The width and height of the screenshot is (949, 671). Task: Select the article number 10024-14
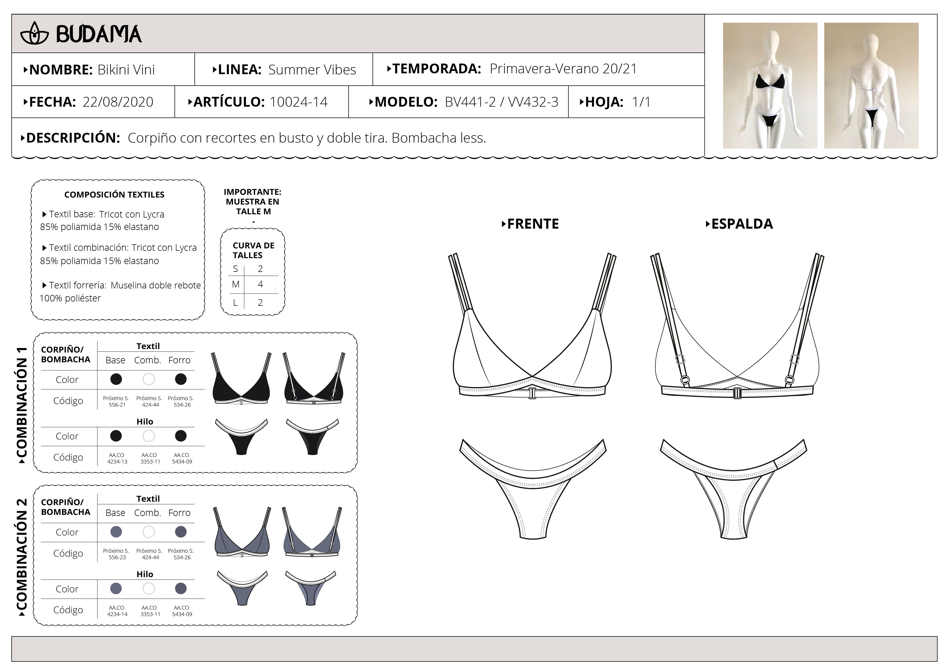298,102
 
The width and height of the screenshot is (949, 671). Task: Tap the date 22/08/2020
118,102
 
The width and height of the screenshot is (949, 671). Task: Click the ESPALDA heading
739,224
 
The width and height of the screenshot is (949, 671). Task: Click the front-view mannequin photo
770,85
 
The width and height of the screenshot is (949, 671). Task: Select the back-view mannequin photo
871,85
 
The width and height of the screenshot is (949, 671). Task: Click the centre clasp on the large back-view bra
737,393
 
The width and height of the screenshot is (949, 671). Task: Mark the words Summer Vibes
312,70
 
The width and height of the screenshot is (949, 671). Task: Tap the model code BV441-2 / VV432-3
501,102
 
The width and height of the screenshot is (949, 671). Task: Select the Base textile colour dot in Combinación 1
116,379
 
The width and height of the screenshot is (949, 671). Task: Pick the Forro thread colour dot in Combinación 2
181,588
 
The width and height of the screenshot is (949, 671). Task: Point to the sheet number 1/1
641,102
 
